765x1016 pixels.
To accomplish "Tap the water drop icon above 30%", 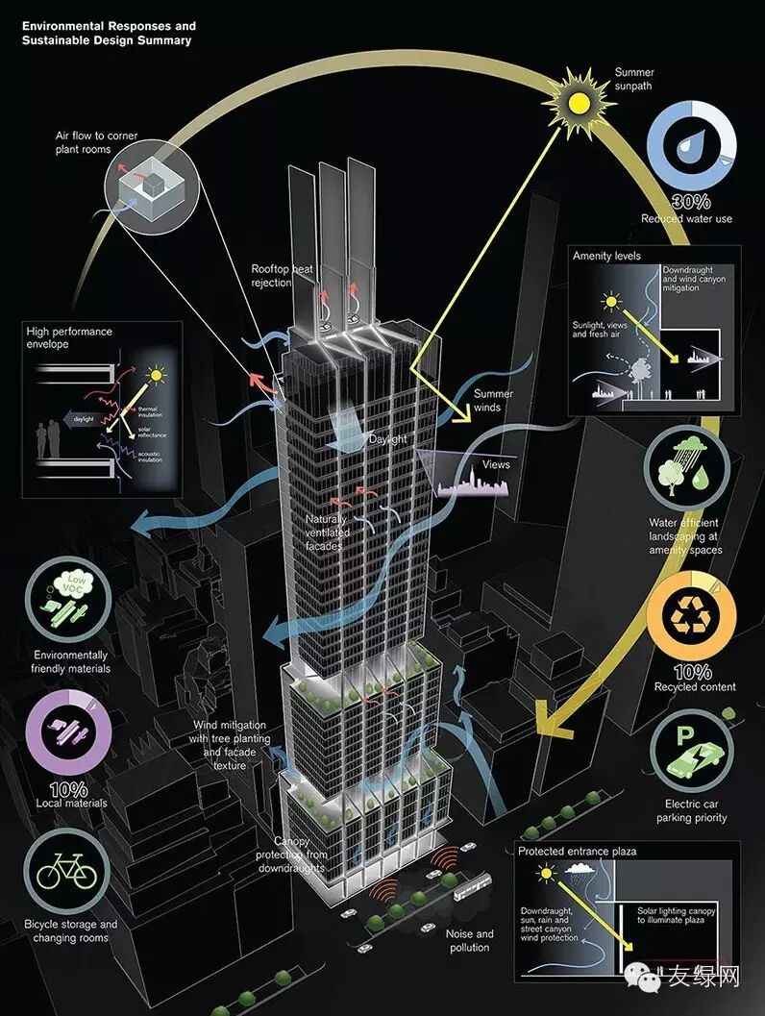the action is (690, 144).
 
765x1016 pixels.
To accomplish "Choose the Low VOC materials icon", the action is (67, 610).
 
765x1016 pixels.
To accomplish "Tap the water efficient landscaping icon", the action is (691, 473).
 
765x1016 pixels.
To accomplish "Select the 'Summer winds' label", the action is (493, 400).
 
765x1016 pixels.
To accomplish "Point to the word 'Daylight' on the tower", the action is (389, 439).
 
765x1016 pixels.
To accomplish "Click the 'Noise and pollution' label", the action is (469, 940).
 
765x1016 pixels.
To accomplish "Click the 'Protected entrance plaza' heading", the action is (577, 852).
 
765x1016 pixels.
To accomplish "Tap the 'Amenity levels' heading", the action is (606, 257).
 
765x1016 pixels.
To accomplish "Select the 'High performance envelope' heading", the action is (68, 337).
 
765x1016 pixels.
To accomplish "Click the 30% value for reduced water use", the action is (690, 202).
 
